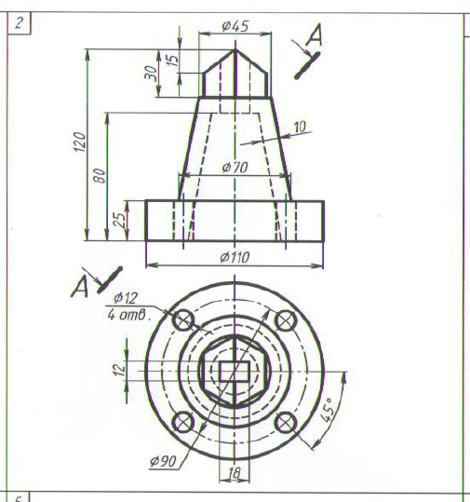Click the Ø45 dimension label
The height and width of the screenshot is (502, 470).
point(235,26)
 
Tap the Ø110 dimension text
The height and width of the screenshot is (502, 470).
point(235,257)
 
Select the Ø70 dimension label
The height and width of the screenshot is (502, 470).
point(235,167)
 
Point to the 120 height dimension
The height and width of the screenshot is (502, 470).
point(80,142)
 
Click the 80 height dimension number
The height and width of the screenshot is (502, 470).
point(100,175)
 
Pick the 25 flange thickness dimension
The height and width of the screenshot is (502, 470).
point(120,220)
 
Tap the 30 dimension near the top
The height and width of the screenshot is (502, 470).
point(151,73)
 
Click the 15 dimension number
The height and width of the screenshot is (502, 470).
point(172,60)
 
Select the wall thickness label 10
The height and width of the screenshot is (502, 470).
point(300,127)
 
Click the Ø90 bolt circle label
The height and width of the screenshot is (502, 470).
point(163,461)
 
